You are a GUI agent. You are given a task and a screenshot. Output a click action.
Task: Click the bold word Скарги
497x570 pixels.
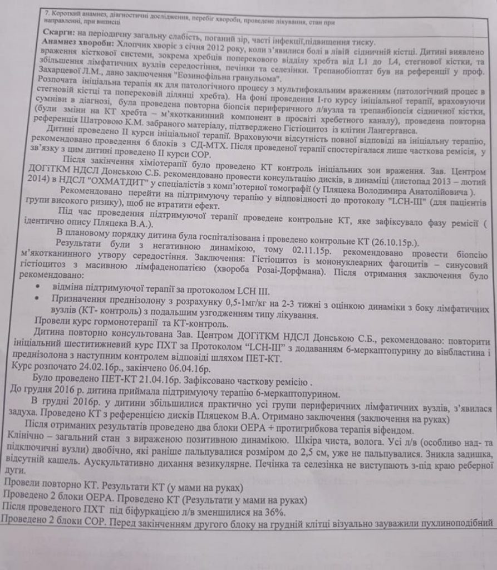click(58, 34)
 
